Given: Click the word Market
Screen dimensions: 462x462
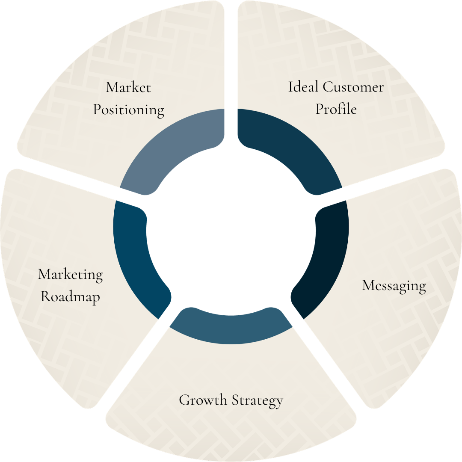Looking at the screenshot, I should [x=128, y=88].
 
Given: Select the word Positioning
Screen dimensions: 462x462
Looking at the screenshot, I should [x=128, y=110].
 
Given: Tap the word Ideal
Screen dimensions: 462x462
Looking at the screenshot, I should [x=303, y=87].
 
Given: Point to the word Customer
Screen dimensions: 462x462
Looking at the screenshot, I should [x=353, y=87].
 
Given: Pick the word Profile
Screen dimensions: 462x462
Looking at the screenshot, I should [x=336, y=109].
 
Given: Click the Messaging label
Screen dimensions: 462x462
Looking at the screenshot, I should [x=394, y=286].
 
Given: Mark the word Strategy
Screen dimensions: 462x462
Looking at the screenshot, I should [x=258, y=401].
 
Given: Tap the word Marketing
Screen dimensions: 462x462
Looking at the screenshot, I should [x=71, y=275].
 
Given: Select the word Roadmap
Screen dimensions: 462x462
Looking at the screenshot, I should [x=71, y=296].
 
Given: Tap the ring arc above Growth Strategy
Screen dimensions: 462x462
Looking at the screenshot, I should [x=231, y=329].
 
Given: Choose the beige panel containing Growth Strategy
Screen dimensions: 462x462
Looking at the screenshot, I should [x=231, y=428].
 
